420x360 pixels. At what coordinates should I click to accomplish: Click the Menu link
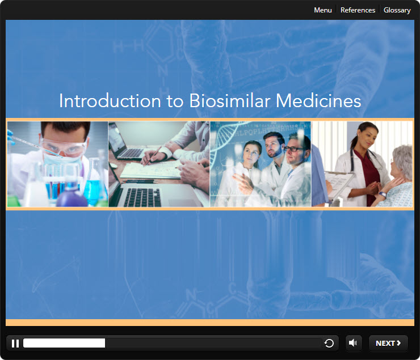pyautogui.click(x=323, y=10)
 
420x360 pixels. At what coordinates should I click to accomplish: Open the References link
pyautogui.click(x=358, y=10)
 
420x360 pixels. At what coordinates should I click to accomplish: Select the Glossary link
pyautogui.click(x=397, y=10)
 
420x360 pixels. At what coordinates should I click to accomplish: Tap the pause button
pyautogui.click(x=15, y=344)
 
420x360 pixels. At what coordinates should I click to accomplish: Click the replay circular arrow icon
pyautogui.click(x=329, y=343)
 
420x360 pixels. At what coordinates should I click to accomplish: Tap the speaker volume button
pyautogui.click(x=353, y=343)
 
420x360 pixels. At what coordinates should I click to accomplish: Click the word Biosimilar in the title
pyautogui.click(x=229, y=101)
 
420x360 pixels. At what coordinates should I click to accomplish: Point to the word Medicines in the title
pyautogui.click(x=318, y=101)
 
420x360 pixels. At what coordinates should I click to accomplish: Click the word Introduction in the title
pyautogui.click(x=110, y=101)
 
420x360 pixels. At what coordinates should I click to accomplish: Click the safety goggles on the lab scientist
pyautogui.click(x=64, y=147)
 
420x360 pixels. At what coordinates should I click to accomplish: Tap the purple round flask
pyautogui.click(x=72, y=197)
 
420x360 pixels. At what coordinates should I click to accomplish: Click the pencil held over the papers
pyautogui.click(x=152, y=156)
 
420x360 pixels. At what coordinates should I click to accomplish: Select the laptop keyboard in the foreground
pyautogui.click(x=142, y=197)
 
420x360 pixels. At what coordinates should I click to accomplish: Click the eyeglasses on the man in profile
pyautogui.click(x=294, y=149)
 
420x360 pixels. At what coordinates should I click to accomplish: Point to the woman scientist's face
pyautogui.click(x=251, y=153)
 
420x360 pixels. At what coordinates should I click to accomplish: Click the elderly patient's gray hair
pyautogui.click(x=403, y=160)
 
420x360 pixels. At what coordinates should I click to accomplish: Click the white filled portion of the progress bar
pyautogui.click(x=64, y=343)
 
